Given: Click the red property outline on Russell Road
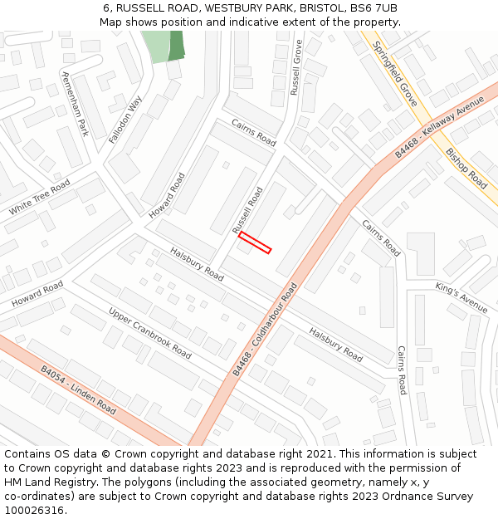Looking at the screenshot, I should tap(255, 242).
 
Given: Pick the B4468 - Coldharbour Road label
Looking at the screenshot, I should tap(264, 330).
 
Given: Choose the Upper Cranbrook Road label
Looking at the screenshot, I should tap(149, 333).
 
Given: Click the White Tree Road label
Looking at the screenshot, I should tap(39, 197).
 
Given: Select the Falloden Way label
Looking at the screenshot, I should tap(125, 120).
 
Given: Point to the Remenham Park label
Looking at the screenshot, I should tap(76, 103).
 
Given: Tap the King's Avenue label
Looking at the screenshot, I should tap(461, 297).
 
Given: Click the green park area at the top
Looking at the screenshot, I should tap(164, 47).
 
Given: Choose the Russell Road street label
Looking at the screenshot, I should tap(247, 209).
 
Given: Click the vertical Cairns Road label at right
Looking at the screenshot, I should tap(401, 370).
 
